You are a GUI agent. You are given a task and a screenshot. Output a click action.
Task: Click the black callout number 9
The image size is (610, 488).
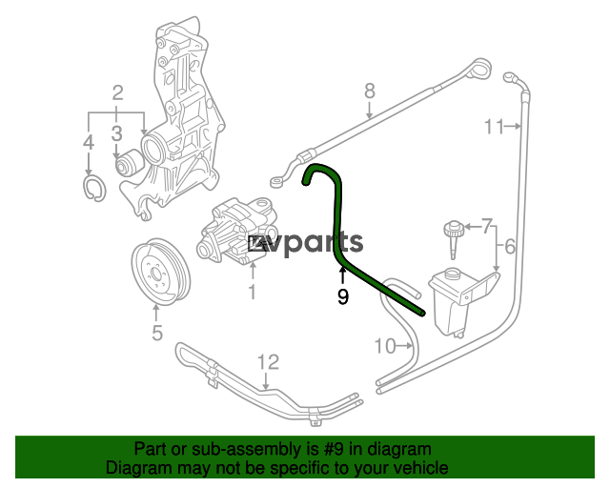[x=343, y=296]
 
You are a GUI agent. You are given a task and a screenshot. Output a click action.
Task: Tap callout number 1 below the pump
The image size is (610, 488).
[x=253, y=292]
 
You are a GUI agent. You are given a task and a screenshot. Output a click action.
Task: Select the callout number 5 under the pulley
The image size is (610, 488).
[x=156, y=333]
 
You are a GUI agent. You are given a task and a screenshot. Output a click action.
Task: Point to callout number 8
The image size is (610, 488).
[x=370, y=91]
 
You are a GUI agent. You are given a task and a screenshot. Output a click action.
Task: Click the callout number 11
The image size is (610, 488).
[x=494, y=127]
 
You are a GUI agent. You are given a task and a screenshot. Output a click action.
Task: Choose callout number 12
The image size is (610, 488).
[x=269, y=362]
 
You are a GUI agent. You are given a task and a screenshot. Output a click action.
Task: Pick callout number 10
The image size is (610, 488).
[x=385, y=346]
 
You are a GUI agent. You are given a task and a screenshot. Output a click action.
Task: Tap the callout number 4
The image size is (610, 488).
[x=89, y=142]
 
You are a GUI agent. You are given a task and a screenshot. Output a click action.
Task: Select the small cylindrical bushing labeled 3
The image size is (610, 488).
[x=130, y=162]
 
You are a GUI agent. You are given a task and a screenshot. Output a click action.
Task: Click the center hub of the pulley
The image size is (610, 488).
[x=156, y=274]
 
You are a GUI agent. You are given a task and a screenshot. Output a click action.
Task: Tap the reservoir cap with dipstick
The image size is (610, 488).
[x=453, y=238]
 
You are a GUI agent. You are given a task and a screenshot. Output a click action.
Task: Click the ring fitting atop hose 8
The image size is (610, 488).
[x=481, y=70]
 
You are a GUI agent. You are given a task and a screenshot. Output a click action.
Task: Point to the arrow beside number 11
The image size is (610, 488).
[x=513, y=126]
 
